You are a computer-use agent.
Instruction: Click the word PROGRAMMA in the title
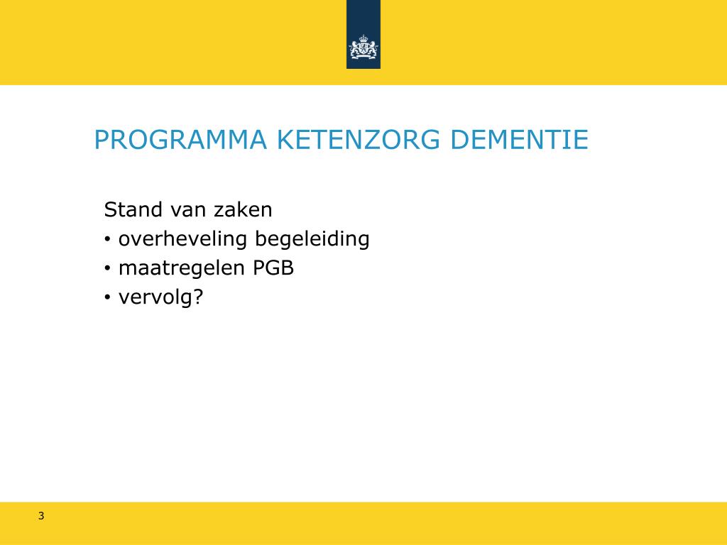tap(180, 140)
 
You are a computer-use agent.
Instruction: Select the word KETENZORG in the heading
tap(359, 140)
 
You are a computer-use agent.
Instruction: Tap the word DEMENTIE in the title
tap(520, 140)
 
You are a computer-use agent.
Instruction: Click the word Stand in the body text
tap(133, 210)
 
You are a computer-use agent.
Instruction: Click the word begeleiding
tap(312, 240)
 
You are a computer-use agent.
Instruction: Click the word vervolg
tap(155, 298)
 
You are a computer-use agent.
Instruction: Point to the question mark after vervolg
tap(198, 297)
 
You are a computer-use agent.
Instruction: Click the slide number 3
tap(41, 516)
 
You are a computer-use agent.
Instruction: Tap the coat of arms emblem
tap(363, 48)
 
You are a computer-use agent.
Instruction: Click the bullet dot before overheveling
tap(107, 241)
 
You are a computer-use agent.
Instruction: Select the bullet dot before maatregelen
tap(107, 270)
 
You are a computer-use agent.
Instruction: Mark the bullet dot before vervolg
tap(107, 299)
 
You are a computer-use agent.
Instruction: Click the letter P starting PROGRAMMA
tap(102, 140)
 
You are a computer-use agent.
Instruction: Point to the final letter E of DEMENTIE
tap(581, 140)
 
